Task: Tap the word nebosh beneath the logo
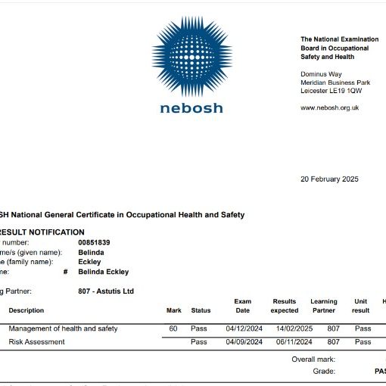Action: coord(191,108)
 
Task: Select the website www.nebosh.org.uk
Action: coord(329,107)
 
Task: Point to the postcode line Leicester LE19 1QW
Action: coord(331,91)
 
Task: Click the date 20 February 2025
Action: coord(329,179)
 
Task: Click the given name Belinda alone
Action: coord(91,252)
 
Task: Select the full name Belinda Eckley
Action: coord(103,272)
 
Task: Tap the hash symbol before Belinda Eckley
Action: coord(67,272)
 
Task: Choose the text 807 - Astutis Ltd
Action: coord(106,291)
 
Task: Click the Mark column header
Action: coord(173,310)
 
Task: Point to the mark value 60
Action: coord(173,328)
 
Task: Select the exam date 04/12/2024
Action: coord(244,328)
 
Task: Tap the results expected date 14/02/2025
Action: coord(284,328)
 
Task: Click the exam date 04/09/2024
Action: coord(244,342)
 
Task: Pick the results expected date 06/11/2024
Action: coord(284,342)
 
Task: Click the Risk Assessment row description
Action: coord(36,342)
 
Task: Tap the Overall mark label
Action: coord(313,359)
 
